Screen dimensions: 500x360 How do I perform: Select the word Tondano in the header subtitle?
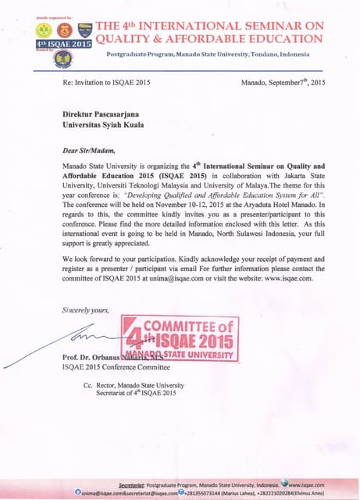tap(255, 54)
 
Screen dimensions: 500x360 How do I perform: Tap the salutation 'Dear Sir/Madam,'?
tap(89, 149)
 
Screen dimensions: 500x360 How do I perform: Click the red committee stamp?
tap(180, 336)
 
